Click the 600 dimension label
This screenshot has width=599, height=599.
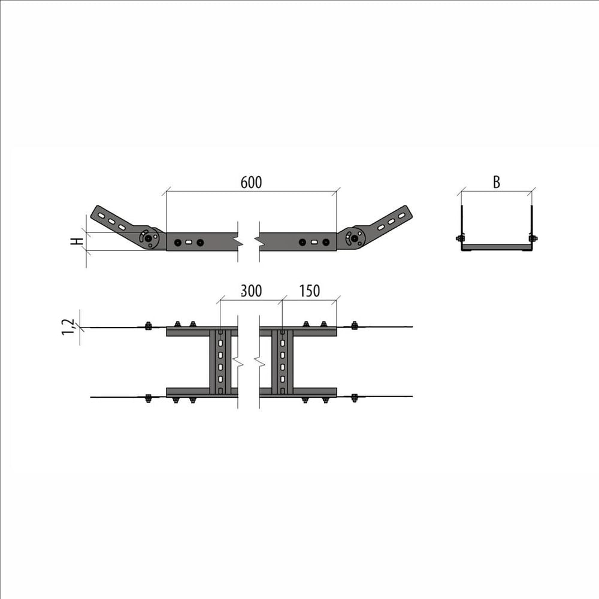click(x=252, y=183)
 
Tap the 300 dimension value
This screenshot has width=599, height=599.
click(x=252, y=291)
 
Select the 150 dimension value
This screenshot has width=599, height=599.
click(x=310, y=291)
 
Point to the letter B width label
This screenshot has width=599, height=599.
click(x=496, y=182)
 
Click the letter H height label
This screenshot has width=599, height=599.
click(x=78, y=241)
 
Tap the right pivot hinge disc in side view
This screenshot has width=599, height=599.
click(x=355, y=238)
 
